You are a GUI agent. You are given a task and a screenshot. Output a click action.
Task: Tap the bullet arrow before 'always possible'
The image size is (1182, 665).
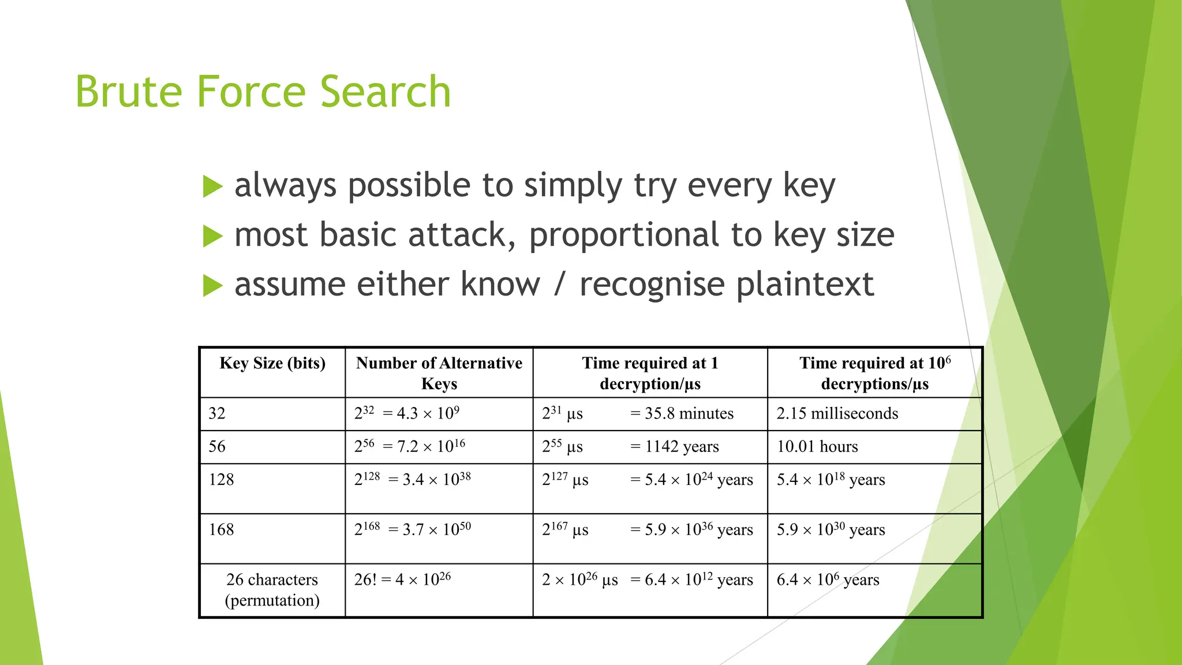(212, 186)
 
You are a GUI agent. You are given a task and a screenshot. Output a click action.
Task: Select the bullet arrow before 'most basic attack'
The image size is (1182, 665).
(212, 236)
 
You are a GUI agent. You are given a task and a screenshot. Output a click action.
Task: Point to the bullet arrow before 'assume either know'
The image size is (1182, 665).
(212, 286)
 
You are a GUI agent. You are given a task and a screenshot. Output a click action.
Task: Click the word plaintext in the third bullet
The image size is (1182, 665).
(805, 285)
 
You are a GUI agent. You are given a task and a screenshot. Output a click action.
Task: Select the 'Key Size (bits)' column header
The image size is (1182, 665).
(272, 364)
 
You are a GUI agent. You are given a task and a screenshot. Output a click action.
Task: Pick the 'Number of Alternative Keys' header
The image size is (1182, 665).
(439, 373)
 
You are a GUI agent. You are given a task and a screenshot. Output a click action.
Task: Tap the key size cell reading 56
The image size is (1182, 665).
(218, 447)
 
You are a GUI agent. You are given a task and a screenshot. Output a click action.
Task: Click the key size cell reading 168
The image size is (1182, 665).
(222, 530)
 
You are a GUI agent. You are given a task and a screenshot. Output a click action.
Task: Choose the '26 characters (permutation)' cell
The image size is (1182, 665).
(272, 589)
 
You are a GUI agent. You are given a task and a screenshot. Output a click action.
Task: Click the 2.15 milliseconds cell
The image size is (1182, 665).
(837, 414)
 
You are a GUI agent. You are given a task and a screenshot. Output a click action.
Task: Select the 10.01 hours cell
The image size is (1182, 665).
(817, 447)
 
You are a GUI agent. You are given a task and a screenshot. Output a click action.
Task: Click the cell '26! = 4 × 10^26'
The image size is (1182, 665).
(402, 580)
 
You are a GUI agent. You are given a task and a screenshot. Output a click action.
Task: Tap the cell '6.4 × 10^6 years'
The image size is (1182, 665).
(828, 580)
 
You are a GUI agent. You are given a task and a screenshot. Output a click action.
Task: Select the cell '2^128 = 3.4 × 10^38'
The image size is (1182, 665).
(412, 480)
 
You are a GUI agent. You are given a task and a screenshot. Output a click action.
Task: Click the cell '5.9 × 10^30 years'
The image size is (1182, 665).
(830, 530)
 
